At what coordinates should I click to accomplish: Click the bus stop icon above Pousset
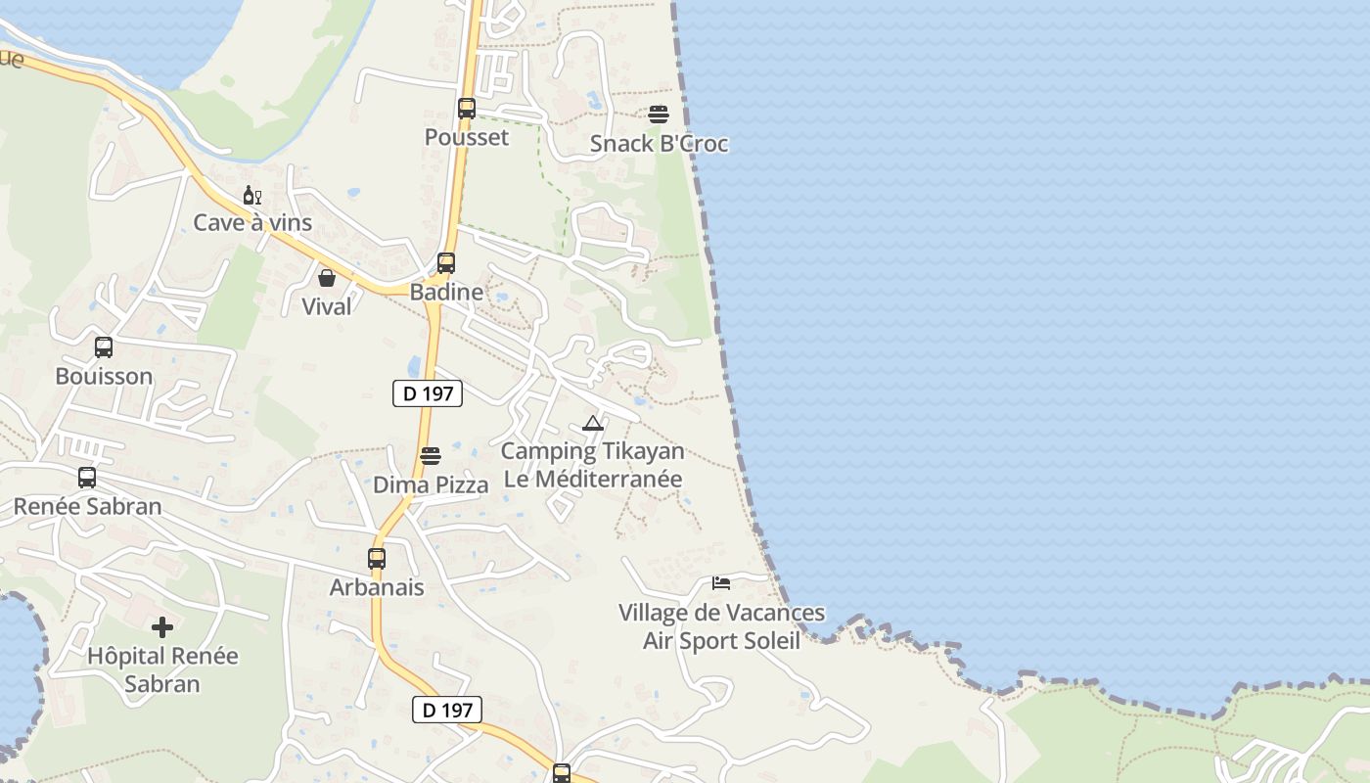pos(467,109)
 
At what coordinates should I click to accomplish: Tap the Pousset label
pos(467,137)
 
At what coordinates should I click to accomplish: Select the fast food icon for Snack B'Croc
pos(659,115)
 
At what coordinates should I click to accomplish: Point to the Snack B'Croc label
pos(659,144)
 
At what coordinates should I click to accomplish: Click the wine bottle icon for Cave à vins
pos(251,196)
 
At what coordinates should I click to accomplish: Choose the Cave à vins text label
pos(252,222)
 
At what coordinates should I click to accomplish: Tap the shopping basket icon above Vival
pos(327,278)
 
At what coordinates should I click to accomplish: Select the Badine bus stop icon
pos(446,263)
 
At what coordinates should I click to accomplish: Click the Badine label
pos(446,292)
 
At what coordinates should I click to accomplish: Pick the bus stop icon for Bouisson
pos(104,347)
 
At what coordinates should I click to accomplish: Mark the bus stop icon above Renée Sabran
pos(87,478)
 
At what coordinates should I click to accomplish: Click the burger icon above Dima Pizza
pos(431,456)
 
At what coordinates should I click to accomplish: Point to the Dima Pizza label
pos(431,484)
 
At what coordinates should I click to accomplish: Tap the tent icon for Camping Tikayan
pos(592,424)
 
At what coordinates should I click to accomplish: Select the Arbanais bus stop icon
pos(377,559)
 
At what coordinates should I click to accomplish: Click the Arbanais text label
pos(377,587)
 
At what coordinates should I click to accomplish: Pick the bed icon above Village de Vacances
pos(721,584)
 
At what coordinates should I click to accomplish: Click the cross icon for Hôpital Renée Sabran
pos(162,627)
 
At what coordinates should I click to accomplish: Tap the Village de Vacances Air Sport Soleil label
pos(721,626)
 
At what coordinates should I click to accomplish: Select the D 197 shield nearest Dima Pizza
pos(427,393)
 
